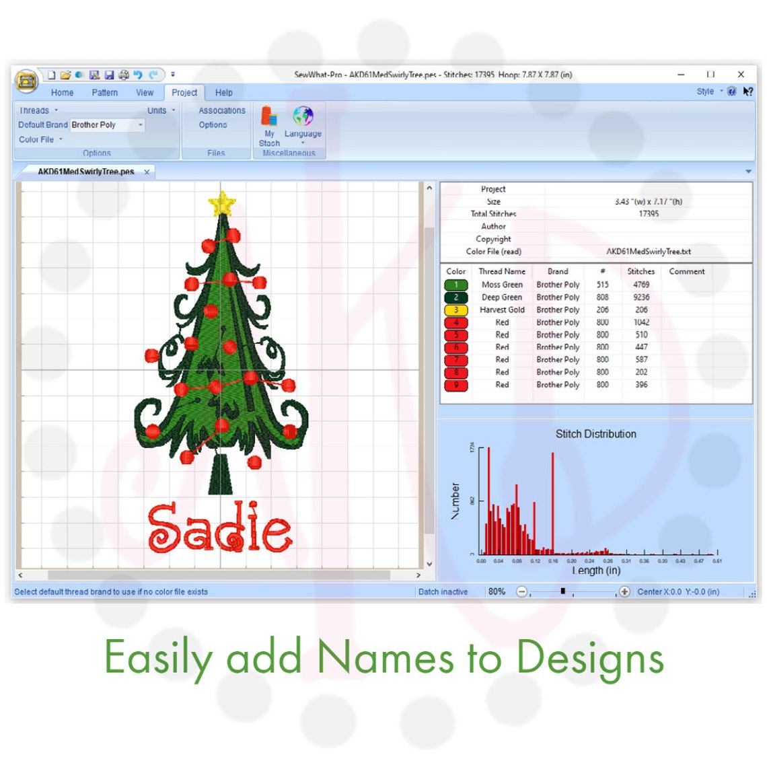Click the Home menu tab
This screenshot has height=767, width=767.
click(x=62, y=93)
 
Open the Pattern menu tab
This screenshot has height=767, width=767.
click(x=105, y=93)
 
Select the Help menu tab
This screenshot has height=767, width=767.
click(x=224, y=93)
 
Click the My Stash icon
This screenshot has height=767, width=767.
click(x=269, y=118)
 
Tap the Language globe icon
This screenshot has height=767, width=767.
click(x=303, y=116)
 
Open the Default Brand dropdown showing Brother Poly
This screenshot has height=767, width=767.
click(x=107, y=125)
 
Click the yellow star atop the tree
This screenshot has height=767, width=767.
click(x=222, y=203)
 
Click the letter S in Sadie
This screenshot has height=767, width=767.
click(x=163, y=528)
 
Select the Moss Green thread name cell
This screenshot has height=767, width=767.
click(x=502, y=285)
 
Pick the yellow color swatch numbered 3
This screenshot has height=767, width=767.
click(x=455, y=310)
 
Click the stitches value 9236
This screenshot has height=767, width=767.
click(x=641, y=297)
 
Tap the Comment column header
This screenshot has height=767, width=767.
click(x=686, y=272)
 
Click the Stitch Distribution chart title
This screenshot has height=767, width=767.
click(x=595, y=434)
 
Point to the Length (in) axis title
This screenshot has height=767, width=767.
click(x=596, y=571)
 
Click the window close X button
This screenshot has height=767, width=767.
click(x=741, y=75)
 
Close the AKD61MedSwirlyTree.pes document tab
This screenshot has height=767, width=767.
click(x=147, y=172)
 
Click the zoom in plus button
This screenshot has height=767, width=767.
click(x=624, y=591)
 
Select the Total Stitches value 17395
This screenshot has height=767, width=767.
click(x=649, y=214)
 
